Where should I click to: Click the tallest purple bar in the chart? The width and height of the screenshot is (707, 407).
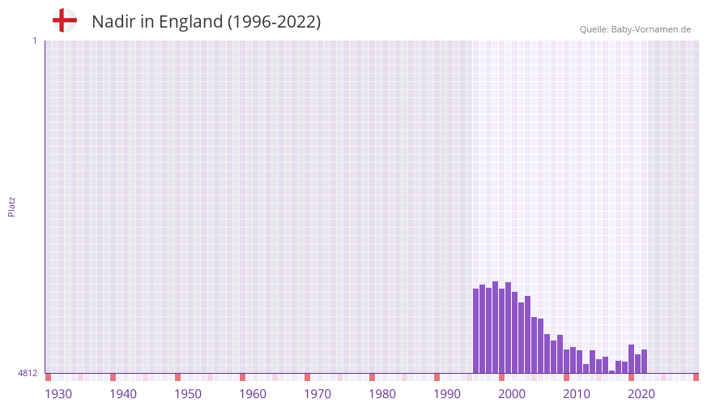(495, 328)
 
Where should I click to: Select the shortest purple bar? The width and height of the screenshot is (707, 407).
(611, 371)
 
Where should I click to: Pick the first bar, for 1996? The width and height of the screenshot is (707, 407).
(475, 331)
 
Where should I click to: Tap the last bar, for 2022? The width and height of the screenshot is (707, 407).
(644, 362)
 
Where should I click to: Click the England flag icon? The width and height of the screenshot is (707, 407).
(65, 21)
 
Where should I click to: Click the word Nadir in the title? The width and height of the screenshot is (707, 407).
(113, 22)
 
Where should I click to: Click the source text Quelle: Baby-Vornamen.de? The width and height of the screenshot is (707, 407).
(635, 29)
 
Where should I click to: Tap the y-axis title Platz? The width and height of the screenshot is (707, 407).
(11, 206)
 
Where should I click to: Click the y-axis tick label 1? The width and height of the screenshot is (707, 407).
(34, 41)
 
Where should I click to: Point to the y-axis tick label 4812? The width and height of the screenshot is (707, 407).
(28, 373)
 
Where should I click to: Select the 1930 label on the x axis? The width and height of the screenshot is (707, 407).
(58, 394)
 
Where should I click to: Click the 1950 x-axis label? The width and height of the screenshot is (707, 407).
(188, 394)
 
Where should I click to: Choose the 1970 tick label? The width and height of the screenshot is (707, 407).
(317, 394)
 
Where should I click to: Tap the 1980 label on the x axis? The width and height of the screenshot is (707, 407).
(382, 394)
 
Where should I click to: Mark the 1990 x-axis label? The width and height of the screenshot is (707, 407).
(447, 394)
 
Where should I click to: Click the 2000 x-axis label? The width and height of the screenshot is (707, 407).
(512, 394)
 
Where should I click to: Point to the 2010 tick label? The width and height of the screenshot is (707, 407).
(577, 394)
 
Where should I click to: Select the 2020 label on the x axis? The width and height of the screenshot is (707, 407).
(641, 394)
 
